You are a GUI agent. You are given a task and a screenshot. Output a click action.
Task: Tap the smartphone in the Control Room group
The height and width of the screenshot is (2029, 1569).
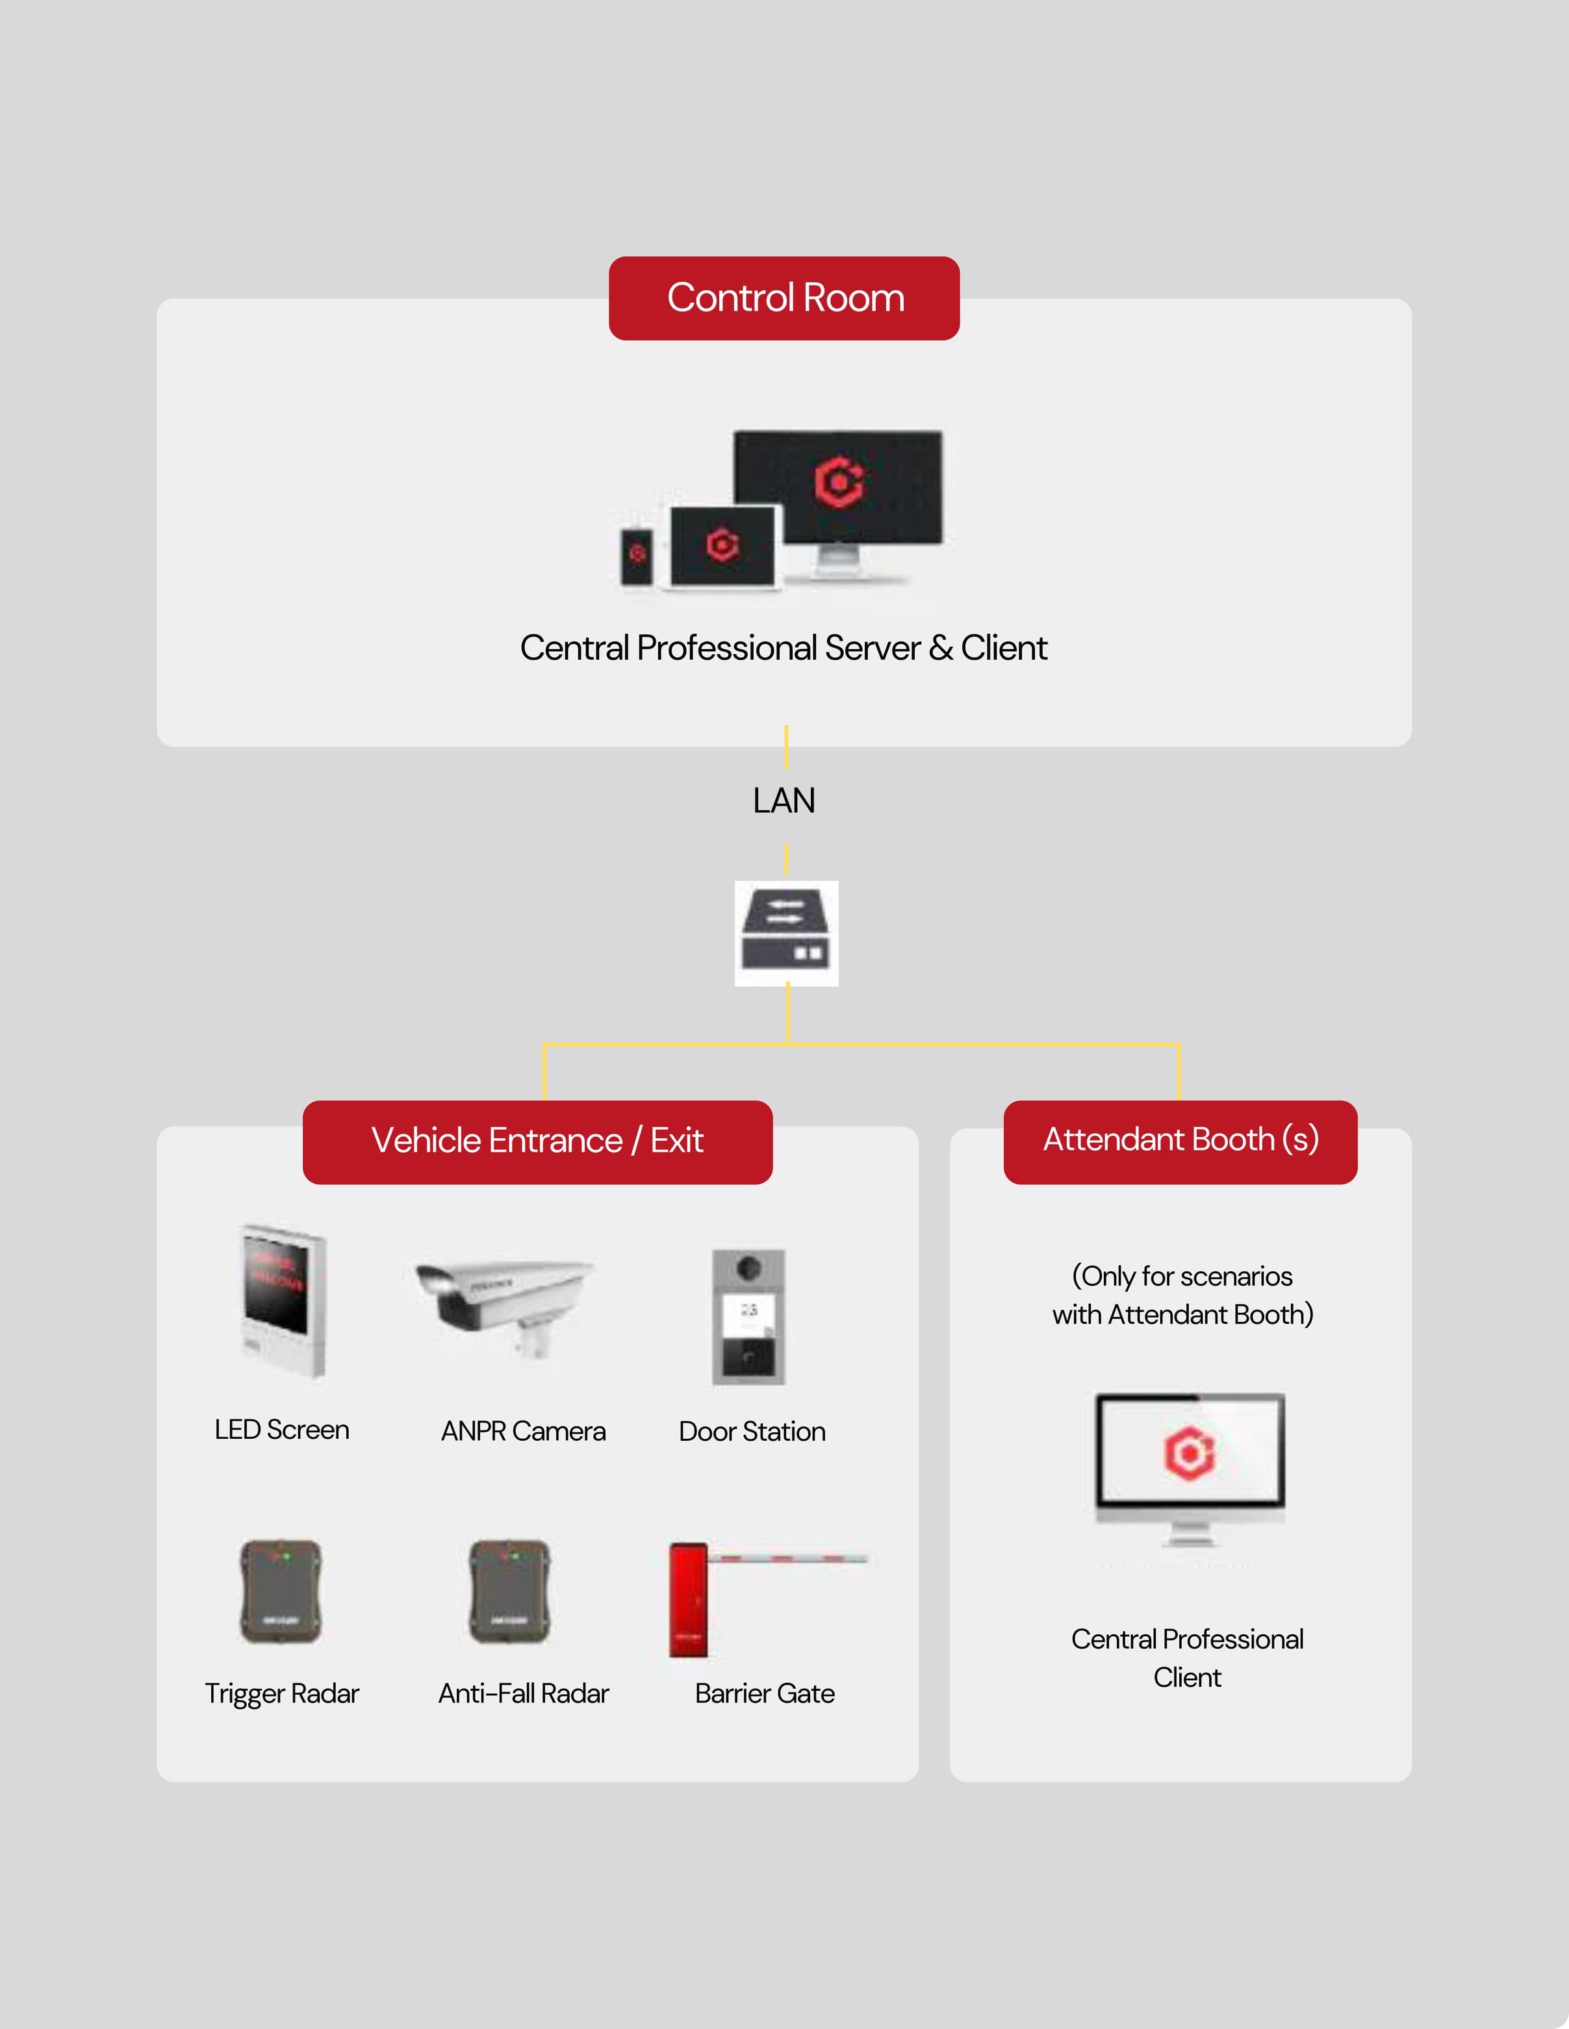(637, 556)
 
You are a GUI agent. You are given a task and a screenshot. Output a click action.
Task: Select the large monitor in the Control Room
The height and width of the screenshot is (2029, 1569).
(837, 488)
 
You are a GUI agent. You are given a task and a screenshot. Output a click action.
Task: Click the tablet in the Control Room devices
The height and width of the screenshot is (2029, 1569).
(722, 546)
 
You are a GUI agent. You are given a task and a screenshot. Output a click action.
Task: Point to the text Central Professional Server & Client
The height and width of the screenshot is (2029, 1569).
(784, 647)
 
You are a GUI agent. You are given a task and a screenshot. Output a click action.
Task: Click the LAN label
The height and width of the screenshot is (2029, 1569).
(784, 801)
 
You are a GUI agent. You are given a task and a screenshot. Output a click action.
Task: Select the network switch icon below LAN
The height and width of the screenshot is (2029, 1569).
(786, 933)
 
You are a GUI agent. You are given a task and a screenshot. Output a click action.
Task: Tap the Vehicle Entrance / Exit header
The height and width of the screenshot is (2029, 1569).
(537, 1141)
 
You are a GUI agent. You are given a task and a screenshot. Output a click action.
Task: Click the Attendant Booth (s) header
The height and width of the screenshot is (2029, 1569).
(1180, 1140)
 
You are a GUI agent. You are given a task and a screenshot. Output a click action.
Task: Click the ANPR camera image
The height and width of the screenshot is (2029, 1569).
(505, 1304)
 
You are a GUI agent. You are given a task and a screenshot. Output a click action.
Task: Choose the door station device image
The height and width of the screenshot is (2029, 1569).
(748, 1317)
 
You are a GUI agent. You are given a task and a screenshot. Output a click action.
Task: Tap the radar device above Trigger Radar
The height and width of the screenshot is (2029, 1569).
(281, 1591)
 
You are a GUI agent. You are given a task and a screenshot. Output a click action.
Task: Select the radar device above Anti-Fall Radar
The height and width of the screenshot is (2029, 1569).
(509, 1591)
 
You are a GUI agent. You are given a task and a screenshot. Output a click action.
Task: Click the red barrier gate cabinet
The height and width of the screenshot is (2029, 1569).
(688, 1599)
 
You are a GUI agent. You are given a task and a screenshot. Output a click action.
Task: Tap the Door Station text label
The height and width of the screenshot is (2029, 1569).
(752, 1432)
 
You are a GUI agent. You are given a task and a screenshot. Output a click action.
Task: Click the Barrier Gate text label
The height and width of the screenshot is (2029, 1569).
(764, 1693)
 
